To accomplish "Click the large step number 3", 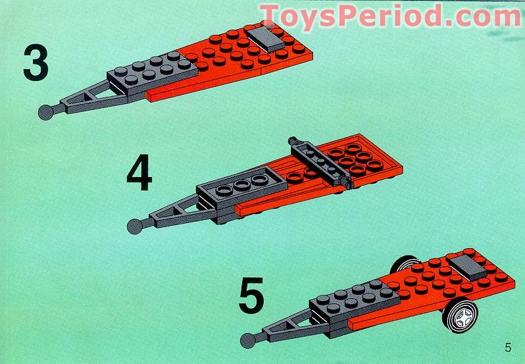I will [36, 62].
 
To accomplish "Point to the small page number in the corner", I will [507, 348].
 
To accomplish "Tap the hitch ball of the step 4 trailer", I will [136, 224].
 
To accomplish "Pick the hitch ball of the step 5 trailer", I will [249, 340].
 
